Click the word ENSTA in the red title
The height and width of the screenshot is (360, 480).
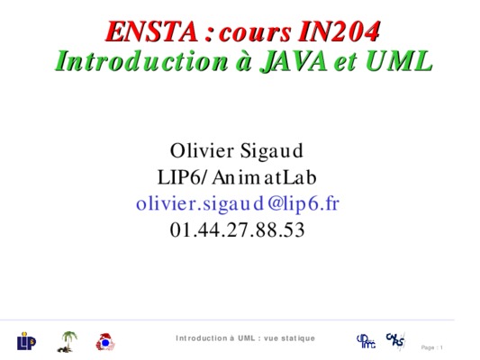[x=152, y=31]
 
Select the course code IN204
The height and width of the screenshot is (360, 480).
[x=340, y=31]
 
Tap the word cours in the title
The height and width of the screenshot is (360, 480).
[x=255, y=33]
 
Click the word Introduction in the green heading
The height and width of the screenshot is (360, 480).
[x=141, y=61]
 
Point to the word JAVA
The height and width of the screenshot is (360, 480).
[x=294, y=61]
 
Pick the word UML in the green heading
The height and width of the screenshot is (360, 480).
[x=399, y=61]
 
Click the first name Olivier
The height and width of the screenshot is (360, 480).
[x=202, y=150]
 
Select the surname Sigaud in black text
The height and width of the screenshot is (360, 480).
[x=272, y=151]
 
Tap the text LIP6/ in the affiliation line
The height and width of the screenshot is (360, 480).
[x=183, y=177]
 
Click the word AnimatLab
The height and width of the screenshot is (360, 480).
[x=264, y=177]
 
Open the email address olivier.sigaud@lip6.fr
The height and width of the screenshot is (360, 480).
[x=238, y=204]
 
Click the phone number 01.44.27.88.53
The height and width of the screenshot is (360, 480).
[x=237, y=230]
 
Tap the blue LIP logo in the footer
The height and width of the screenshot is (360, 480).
[x=26, y=341]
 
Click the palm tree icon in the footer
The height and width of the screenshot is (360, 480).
[x=67, y=342]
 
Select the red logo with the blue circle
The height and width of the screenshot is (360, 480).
[x=105, y=342]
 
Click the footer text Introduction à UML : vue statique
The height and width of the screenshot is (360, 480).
[x=245, y=338]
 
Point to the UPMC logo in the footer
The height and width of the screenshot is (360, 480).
[x=367, y=341]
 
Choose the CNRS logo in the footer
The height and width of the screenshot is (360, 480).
[x=395, y=340]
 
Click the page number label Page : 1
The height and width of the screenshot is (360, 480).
[x=432, y=347]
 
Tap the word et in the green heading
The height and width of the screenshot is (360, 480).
[x=346, y=62]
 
